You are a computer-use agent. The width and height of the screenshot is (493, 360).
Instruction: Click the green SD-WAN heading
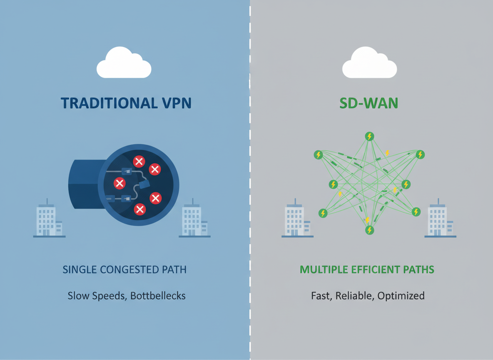(x=369, y=103)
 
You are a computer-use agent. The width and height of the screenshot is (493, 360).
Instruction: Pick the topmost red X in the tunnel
(x=139, y=161)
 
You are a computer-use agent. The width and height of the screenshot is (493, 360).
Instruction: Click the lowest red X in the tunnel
(x=140, y=209)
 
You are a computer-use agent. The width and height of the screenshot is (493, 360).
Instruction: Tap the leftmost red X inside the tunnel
(x=120, y=183)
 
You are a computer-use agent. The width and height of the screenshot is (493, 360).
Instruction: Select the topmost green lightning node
(x=369, y=136)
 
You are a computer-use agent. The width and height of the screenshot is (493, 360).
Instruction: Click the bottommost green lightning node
(x=369, y=230)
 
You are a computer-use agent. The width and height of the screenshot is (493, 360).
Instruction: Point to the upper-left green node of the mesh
(x=318, y=155)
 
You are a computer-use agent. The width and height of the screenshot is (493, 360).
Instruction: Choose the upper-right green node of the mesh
(x=420, y=155)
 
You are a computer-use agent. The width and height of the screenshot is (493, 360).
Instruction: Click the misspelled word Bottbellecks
(x=158, y=296)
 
